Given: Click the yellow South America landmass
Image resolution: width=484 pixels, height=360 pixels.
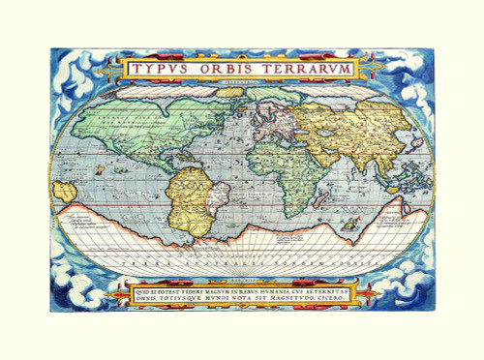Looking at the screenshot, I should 189,194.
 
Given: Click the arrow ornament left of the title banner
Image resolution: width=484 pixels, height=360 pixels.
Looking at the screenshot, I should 107,70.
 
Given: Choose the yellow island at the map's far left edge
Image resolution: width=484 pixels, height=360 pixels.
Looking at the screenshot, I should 64,191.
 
